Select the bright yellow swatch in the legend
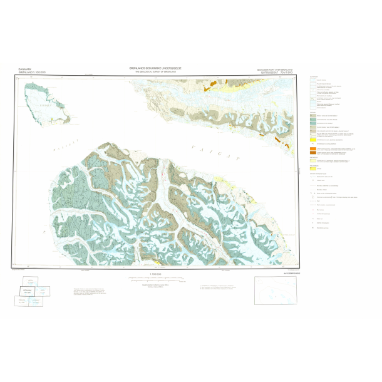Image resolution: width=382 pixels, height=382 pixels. [x=313, y=138]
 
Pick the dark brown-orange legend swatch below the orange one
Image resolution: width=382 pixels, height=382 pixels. [x=313, y=152]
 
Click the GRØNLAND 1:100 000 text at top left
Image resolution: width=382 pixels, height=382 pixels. [x=25, y=73]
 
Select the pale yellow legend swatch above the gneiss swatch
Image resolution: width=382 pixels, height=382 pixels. [x=313, y=162]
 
